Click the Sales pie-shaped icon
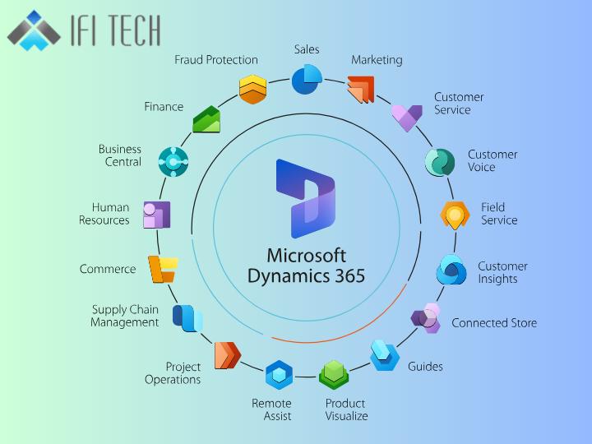pos(306,80)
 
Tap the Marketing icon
pos(360,89)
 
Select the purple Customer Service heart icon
pos(406,117)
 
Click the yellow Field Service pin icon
pos(454,215)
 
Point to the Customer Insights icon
pos(451,270)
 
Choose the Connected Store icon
pos(427,317)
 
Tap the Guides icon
pos(385,355)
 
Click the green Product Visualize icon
pos(334,376)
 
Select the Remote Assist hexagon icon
pos(279,376)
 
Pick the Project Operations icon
pos(227,355)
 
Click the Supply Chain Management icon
pos(187,317)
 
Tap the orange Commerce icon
pos(162,269)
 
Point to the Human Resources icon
pos(156,215)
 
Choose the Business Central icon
pos(173,162)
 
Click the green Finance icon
pos(206,119)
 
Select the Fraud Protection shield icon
pos(252,89)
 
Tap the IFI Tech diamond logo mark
pos(34,31)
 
